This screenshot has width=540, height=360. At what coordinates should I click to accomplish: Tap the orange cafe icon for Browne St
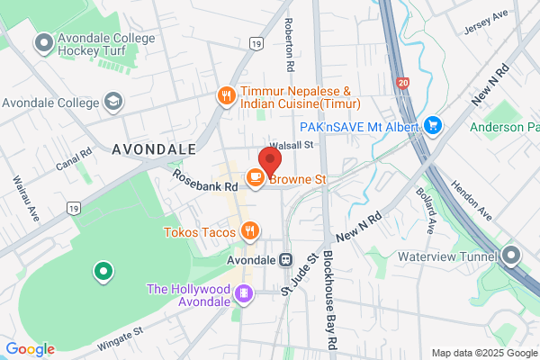pos(255,180)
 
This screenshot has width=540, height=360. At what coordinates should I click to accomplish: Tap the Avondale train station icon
pos(285,259)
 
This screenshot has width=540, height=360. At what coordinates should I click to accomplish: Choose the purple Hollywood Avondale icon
pos(242,292)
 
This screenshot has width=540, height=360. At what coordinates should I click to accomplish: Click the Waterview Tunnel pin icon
pos(512,256)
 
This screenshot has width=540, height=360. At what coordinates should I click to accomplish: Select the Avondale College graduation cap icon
pos(113,100)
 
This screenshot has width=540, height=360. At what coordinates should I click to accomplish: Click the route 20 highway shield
pos(401,83)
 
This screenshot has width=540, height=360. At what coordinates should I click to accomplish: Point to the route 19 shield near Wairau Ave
pos(71,208)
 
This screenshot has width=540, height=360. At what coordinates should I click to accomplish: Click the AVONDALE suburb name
pos(154,148)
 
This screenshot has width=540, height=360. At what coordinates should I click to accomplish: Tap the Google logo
pos(30,349)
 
